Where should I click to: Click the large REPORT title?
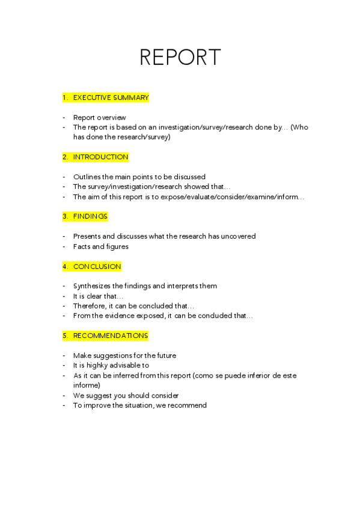click(x=180, y=57)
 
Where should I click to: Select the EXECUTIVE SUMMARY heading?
click(x=111, y=97)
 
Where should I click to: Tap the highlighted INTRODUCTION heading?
click(x=100, y=157)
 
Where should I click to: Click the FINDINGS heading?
click(x=90, y=217)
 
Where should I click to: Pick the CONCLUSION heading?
click(x=97, y=266)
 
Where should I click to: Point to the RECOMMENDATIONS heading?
click(x=110, y=336)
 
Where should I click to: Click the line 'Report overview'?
click(x=99, y=118)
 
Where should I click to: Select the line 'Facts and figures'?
click(x=100, y=247)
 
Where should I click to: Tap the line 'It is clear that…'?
click(x=98, y=296)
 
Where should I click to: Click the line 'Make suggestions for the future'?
click(x=124, y=355)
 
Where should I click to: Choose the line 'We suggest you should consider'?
click(x=126, y=396)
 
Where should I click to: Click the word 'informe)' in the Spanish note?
click(x=87, y=385)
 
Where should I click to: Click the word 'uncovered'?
click(x=239, y=236)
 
